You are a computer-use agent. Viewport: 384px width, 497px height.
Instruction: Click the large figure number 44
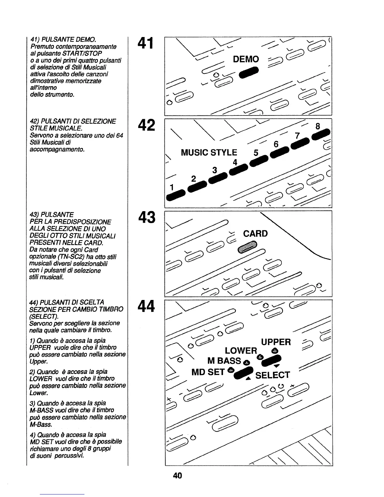pos(146,306)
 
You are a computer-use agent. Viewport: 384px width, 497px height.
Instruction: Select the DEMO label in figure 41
pos(246,59)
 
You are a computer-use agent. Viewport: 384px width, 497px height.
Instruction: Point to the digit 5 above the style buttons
pos(256,153)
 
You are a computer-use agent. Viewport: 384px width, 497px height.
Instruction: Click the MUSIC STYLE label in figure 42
pos(209,153)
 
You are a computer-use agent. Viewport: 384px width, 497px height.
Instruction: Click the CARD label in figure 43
pos(255,234)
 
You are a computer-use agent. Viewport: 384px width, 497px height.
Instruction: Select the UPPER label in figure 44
pos(276,342)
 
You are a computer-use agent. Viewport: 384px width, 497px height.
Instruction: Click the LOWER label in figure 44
pos(241,351)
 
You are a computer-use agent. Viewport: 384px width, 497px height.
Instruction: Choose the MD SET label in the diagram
pos(208,372)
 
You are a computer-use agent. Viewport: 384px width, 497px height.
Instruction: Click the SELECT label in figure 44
pos(272,375)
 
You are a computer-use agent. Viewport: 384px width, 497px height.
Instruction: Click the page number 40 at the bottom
pos(177,475)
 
